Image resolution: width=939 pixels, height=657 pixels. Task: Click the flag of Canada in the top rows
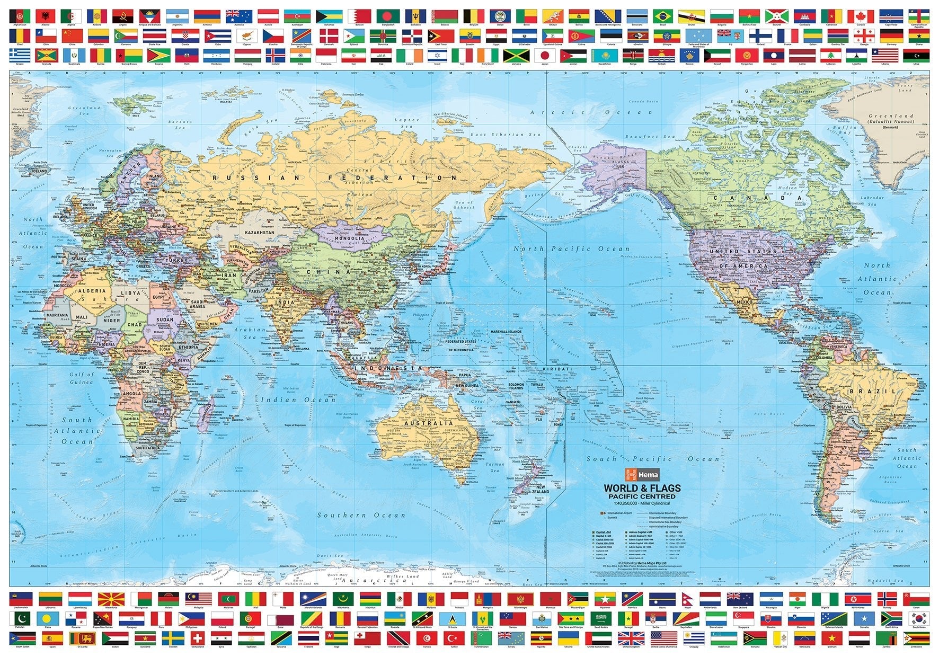(x=860, y=16)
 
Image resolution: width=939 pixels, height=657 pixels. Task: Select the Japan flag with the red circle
(x=544, y=56)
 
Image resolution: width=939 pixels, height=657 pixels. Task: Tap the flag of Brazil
(x=662, y=16)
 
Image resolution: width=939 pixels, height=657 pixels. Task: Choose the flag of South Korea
(x=918, y=618)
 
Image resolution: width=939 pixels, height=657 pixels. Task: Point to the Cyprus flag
(x=247, y=36)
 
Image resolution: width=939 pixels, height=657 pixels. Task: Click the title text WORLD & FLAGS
(x=642, y=488)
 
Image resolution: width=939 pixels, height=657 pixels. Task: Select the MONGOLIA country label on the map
(x=349, y=238)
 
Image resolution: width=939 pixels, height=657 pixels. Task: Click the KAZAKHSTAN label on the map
(x=260, y=233)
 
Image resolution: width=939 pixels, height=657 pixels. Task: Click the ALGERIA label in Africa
(x=92, y=291)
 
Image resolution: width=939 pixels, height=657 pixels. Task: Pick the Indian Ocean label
(x=293, y=399)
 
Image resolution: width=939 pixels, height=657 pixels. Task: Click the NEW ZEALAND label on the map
(x=540, y=489)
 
